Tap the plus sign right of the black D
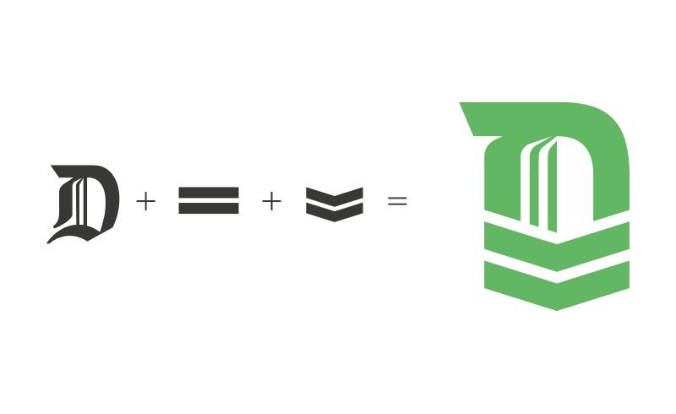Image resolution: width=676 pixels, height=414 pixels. click(145, 201)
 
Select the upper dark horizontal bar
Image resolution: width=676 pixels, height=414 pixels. click(209, 193)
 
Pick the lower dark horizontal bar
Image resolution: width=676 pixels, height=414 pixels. click(209, 208)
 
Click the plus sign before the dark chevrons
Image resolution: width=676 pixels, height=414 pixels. click(271, 201)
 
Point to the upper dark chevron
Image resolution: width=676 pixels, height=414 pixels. click(335, 195)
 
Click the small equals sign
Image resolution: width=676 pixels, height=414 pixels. click(397, 201)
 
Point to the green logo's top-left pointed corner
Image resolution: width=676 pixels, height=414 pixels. click(460, 102)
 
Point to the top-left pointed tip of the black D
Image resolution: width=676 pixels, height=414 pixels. click(52, 165)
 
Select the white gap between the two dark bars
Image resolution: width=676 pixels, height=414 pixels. click(209, 200)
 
